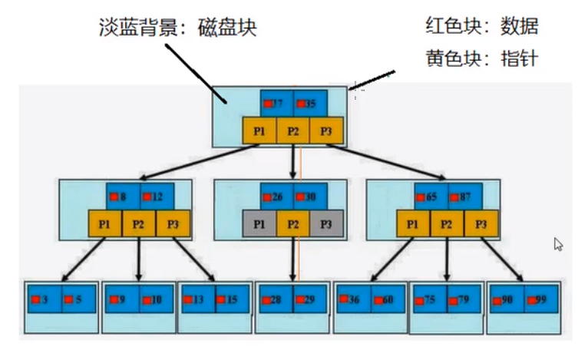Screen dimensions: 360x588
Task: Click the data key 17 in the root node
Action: click(277, 103)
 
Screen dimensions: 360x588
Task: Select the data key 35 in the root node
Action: click(310, 103)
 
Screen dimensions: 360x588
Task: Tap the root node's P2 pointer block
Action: click(293, 130)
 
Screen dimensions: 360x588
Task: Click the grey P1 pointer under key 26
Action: click(259, 223)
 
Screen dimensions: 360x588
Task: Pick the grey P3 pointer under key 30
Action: click(327, 223)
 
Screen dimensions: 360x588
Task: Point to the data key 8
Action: click(123, 197)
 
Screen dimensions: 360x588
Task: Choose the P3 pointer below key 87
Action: click(481, 223)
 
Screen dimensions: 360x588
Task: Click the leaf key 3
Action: click(45, 299)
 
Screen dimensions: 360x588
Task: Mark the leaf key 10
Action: click(156, 299)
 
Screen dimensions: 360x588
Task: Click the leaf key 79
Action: click(464, 299)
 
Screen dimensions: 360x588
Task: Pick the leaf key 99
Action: click(541, 299)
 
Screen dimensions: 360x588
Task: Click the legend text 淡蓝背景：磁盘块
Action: click(177, 28)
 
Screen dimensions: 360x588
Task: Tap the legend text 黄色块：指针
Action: click(482, 58)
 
